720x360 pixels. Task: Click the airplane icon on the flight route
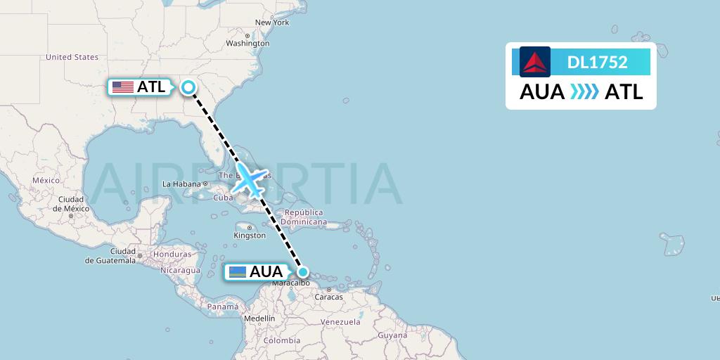250,181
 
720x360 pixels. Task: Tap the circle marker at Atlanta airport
188,87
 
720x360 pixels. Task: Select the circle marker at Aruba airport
303,272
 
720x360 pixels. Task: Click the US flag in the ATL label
123,87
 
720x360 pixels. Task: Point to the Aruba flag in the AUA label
237,272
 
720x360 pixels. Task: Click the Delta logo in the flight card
535,62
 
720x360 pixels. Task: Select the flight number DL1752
597,62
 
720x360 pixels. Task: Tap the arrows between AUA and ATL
584,92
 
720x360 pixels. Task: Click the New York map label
272,22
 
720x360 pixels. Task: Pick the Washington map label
247,43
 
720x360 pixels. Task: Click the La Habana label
182,184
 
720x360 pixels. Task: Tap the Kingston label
250,236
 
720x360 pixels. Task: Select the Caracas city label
328,297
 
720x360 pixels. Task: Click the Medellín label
259,318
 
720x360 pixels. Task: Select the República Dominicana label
304,217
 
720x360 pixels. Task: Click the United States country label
72,57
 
